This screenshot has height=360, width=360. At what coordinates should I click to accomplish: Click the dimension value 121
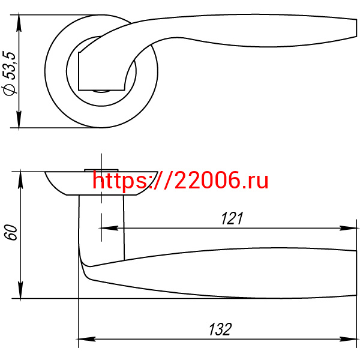point(232,218)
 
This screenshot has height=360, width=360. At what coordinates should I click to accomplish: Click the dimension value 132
point(220,329)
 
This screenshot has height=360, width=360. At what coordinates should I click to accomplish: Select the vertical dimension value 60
point(11,232)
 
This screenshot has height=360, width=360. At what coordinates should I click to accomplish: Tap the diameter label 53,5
point(10,65)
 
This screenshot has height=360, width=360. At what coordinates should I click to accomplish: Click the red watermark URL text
point(180,181)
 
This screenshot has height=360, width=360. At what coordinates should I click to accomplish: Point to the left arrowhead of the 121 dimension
point(109,228)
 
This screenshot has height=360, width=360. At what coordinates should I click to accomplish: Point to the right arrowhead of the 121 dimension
point(348,228)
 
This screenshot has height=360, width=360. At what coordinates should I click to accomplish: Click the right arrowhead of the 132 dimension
point(348,339)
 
